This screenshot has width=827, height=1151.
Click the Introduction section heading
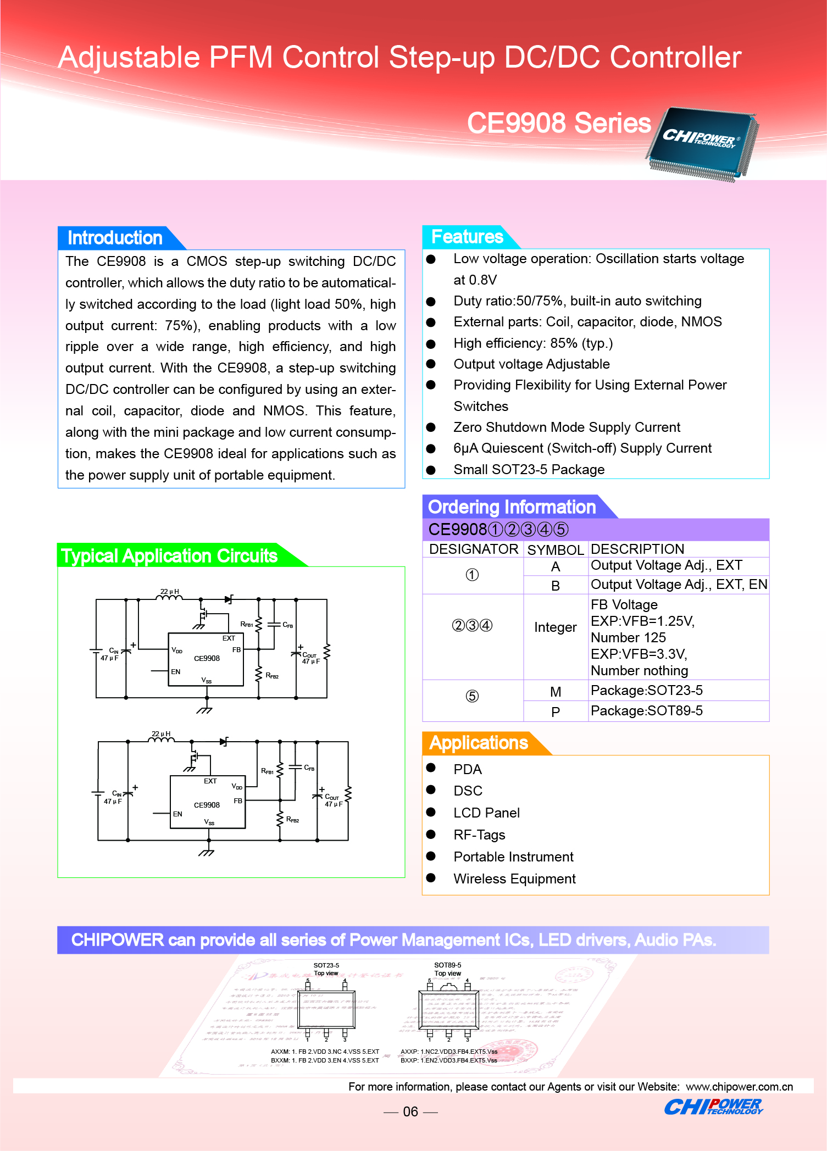115,238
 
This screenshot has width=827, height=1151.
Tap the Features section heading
467,237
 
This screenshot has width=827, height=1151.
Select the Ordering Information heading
512,507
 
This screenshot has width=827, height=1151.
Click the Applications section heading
478,743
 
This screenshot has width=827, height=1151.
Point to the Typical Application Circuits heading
169,555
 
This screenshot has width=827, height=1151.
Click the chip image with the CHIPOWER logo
702,143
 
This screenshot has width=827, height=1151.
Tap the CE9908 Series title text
558,123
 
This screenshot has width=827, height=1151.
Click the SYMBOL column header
555,549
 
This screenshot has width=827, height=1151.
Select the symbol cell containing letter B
555,586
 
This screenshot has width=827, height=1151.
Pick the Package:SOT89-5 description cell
646,711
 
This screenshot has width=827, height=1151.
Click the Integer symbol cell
555,627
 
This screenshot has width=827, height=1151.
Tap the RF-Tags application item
479,835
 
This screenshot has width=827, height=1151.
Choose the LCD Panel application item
486,813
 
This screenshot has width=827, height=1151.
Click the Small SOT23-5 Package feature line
529,470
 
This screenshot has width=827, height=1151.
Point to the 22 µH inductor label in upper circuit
169,592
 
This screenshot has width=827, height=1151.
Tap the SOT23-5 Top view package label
326,969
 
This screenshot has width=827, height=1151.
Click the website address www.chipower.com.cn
739,1087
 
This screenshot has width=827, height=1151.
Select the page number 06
410,1111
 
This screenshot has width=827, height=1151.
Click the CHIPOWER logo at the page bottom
713,1106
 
